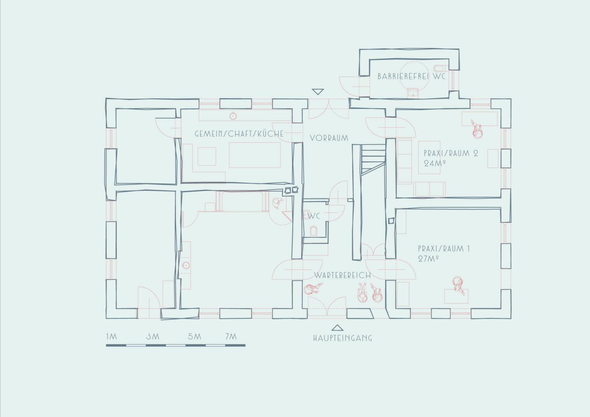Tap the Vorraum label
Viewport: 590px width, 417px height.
click(329, 138)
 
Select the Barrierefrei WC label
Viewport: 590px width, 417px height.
click(412, 76)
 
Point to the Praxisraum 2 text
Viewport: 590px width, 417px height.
click(451, 153)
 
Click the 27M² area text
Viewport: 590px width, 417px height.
click(428, 259)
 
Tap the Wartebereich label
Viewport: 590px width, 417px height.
click(342, 276)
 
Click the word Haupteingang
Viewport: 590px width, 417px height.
click(342, 338)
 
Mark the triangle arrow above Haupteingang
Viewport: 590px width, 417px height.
click(337, 328)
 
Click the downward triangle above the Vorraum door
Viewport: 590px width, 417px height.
click(318, 92)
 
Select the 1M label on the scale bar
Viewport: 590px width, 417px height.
click(112, 336)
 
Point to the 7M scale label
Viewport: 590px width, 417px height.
click(231, 336)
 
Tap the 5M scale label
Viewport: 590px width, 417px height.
click(195, 336)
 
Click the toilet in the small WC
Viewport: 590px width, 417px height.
click(314, 231)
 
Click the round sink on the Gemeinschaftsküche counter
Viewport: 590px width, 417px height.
click(233, 116)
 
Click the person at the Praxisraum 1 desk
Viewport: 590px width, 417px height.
click(458, 285)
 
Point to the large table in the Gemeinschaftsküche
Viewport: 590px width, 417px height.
click(255, 155)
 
